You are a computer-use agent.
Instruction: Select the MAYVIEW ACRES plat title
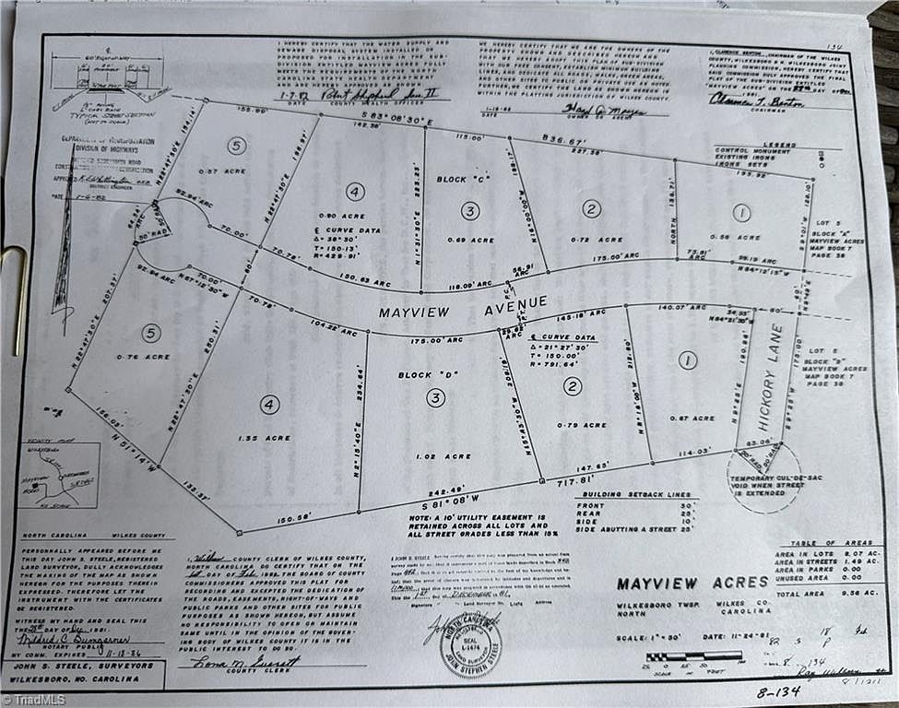point(692,583)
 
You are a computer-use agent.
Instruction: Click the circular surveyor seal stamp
point(470,644)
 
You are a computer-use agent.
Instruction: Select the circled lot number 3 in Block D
point(435,397)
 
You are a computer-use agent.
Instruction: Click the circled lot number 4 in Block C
point(355,192)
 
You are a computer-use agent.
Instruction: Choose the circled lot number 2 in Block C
point(591,208)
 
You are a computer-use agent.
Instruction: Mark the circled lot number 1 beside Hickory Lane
point(688,360)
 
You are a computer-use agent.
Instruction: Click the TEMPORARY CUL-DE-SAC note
point(763,484)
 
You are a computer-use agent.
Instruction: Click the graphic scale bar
point(693,656)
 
